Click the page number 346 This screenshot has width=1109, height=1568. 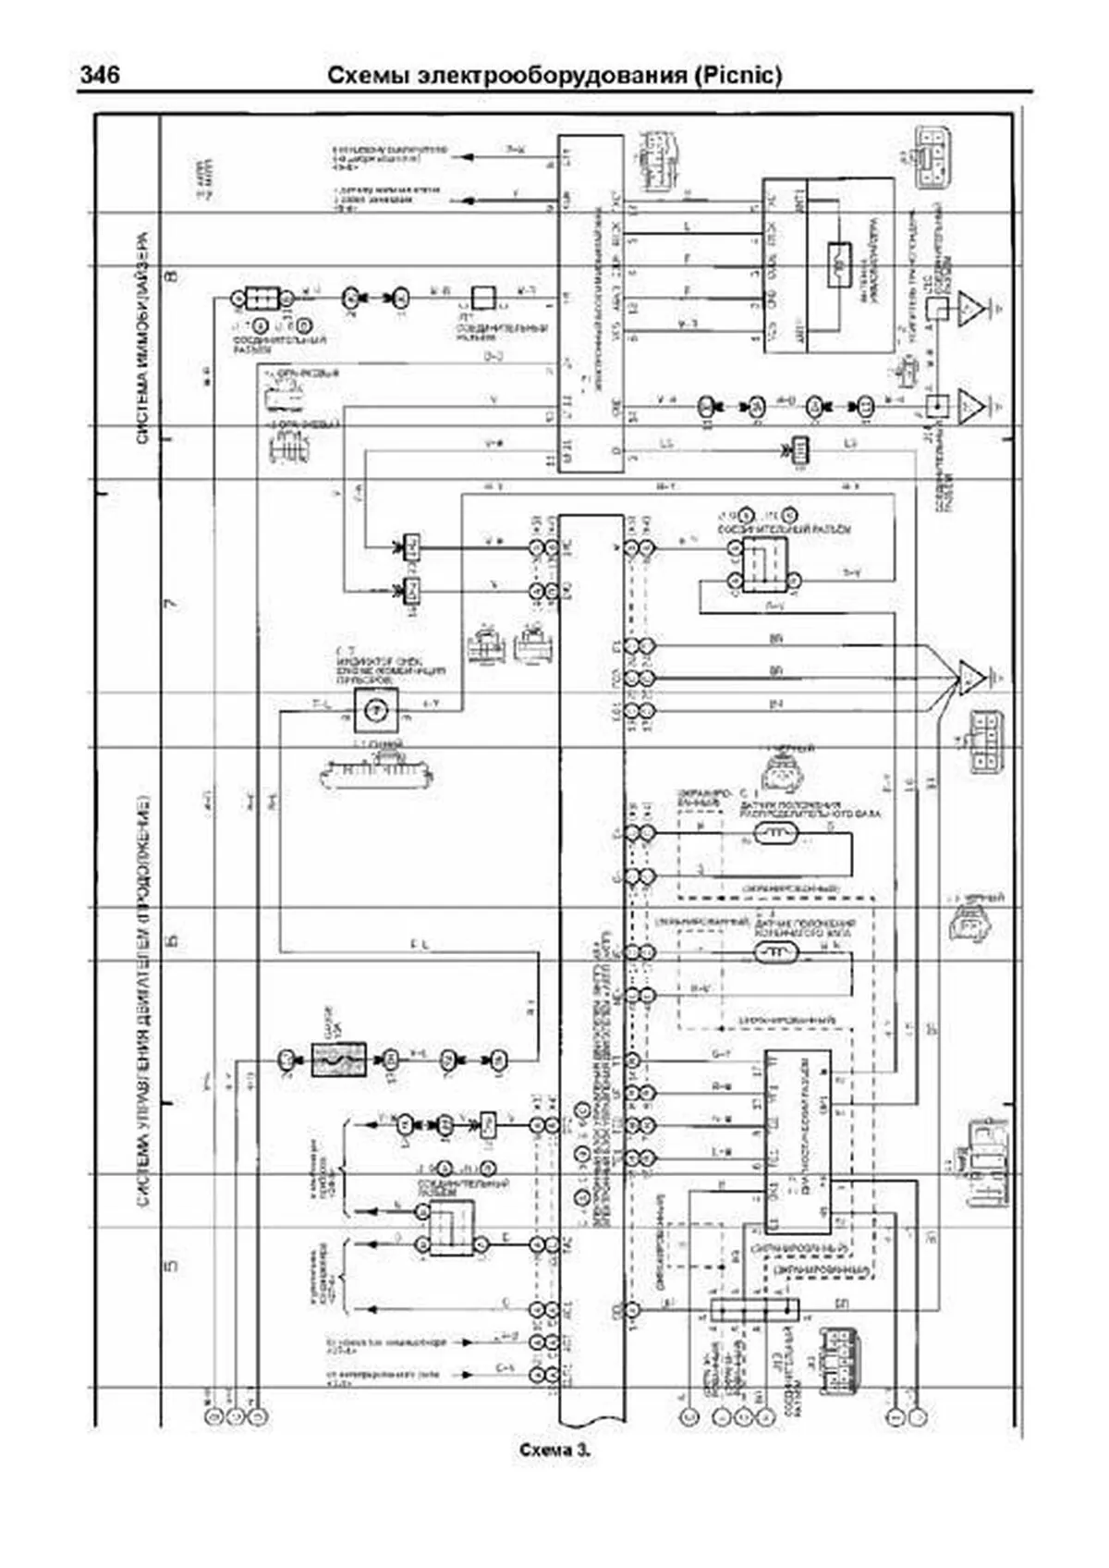click(99, 75)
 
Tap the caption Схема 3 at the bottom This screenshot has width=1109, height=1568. click(554, 1450)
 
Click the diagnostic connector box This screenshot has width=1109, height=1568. click(796, 1140)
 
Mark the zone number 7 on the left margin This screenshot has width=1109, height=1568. click(171, 606)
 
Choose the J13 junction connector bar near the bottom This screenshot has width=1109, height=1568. click(754, 1309)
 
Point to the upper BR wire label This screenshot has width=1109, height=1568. click(774, 640)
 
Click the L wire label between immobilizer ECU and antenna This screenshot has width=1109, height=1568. click(686, 226)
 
